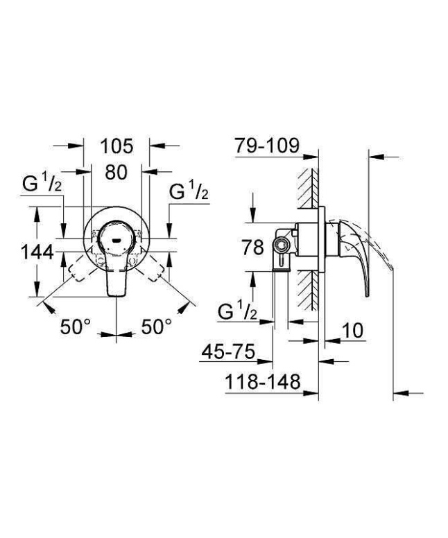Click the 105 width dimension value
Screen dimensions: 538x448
[x=116, y=147]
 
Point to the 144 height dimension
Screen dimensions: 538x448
[x=36, y=253]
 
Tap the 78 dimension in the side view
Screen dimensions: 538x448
[x=273, y=247]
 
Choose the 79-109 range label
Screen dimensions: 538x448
[x=266, y=147]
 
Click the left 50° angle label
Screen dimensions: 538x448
[x=75, y=327]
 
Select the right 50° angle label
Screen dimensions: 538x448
[x=157, y=327]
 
